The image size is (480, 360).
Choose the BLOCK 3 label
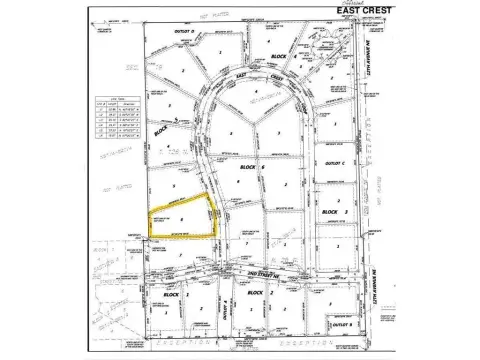point(331,212)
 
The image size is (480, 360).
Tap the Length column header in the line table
point(111,105)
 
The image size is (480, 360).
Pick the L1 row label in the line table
point(99,110)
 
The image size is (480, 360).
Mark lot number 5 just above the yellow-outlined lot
point(175,186)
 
